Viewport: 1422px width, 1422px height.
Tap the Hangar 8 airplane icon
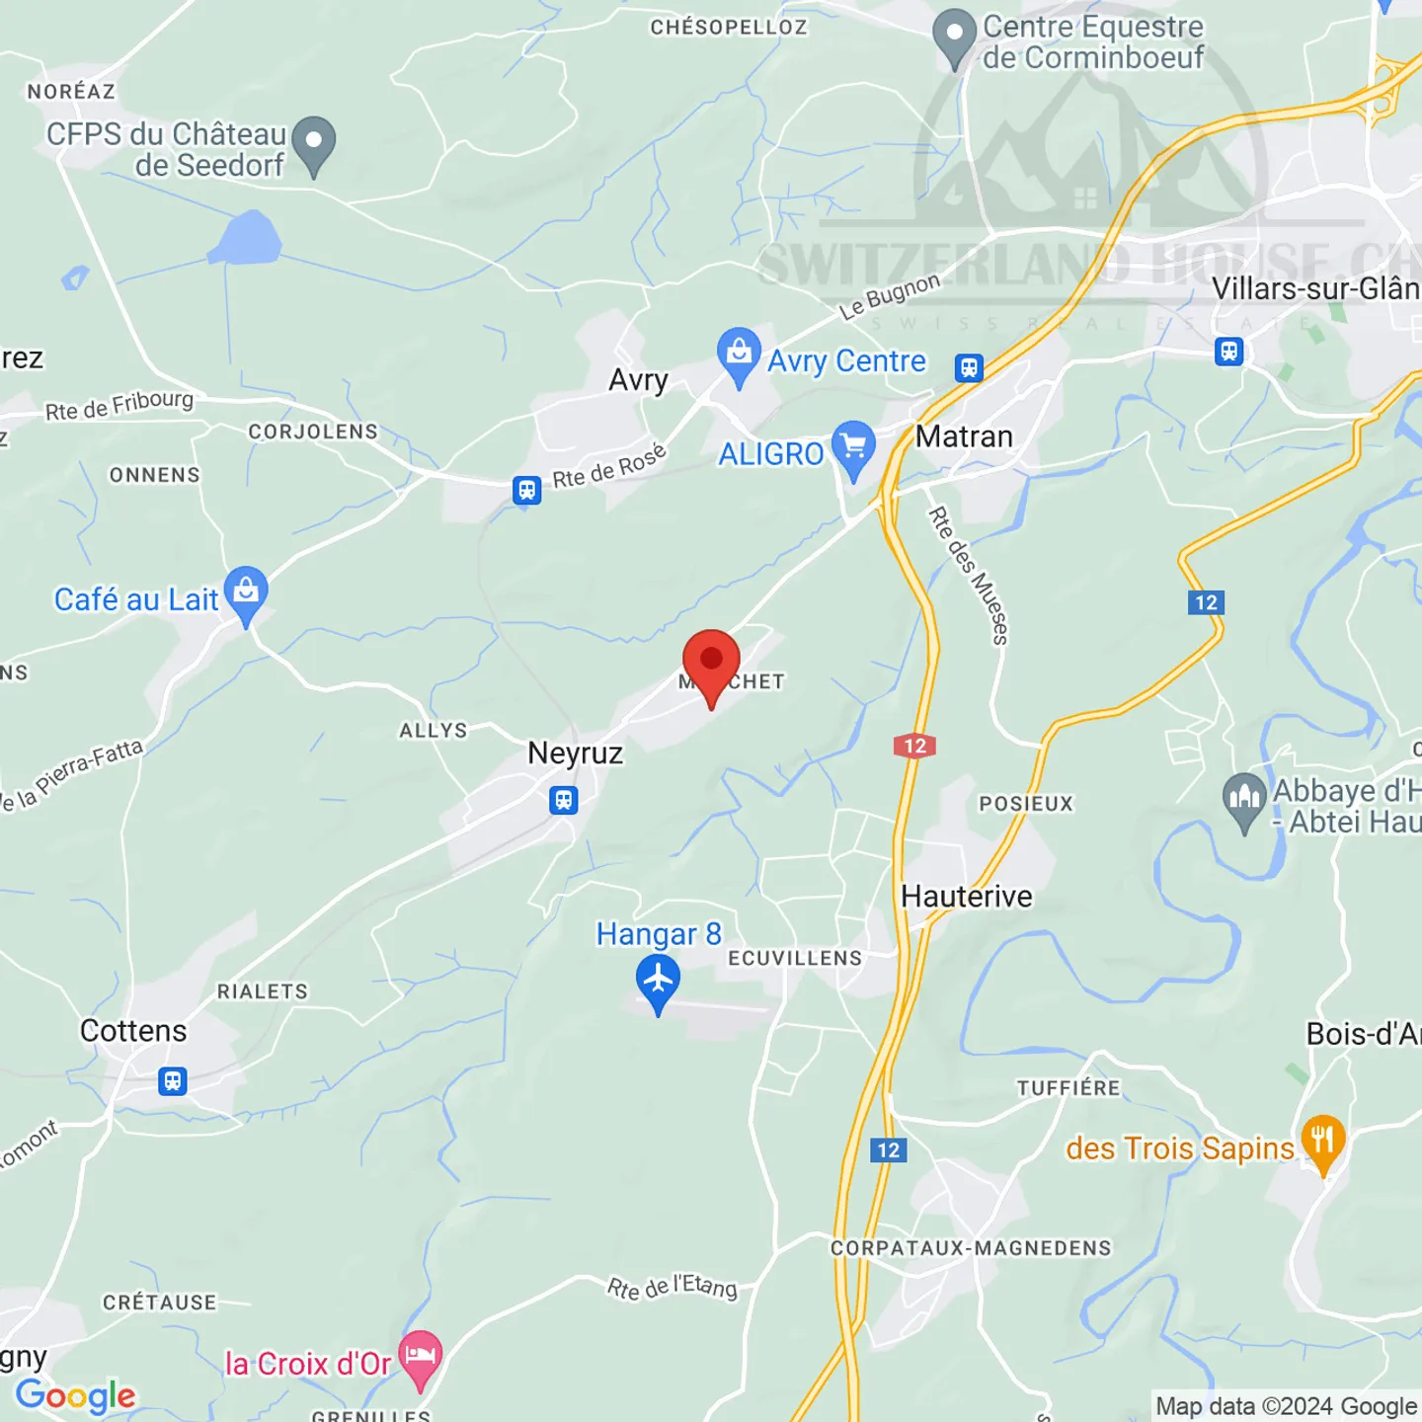pyautogui.click(x=658, y=981)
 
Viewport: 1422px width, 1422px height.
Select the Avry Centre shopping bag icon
pyautogui.click(x=739, y=353)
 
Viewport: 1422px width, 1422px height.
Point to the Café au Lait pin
pyautogui.click(x=246, y=592)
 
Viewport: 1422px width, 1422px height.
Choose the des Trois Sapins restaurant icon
pyautogui.click(x=1323, y=1141)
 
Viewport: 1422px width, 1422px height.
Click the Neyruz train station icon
pyautogui.click(x=564, y=800)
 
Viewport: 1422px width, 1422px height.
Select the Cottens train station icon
pyautogui.click(x=173, y=1080)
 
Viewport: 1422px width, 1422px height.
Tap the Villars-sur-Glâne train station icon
pyautogui.click(x=1228, y=351)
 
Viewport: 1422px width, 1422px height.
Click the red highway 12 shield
pyautogui.click(x=915, y=746)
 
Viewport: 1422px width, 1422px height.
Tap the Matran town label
pyautogui.click(x=964, y=436)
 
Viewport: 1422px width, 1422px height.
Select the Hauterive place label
pyautogui.click(x=967, y=897)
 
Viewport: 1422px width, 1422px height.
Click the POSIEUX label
pyautogui.click(x=1026, y=804)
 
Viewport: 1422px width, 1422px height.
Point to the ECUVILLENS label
pyautogui.click(x=795, y=958)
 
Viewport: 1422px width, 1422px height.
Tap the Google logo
pyautogui.click(x=76, y=1395)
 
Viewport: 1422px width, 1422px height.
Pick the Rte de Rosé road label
pyautogui.click(x=609, y=466)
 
